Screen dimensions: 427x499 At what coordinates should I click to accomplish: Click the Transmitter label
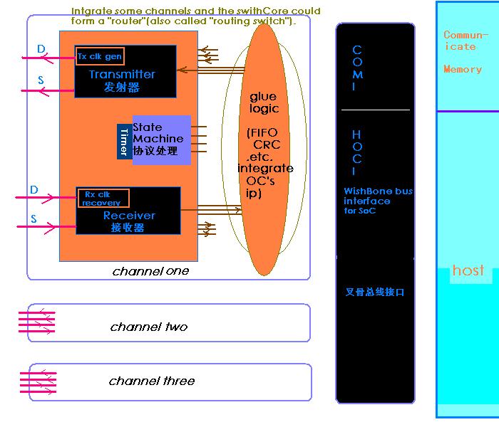click(122, 74)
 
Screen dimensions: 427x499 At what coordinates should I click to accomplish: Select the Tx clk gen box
click(100, 56)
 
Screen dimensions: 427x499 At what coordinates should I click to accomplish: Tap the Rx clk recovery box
click(103, 198)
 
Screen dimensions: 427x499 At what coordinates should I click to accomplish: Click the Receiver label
click(129, 216)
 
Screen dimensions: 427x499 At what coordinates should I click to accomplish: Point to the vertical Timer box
click(124, 142)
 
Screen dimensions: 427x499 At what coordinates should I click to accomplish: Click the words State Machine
click(158, 133)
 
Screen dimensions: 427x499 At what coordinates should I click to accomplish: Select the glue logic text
click(263, 102)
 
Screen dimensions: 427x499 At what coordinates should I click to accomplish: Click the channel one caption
click(151, 271)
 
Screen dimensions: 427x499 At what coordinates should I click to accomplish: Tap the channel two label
click(149, 327)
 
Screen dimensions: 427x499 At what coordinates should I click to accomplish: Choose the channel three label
click(152, 381)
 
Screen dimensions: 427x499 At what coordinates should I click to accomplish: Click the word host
click(468, 271)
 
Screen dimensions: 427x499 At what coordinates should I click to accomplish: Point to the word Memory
click(463, 70)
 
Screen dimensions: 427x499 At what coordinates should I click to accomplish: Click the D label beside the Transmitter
click(41, 49)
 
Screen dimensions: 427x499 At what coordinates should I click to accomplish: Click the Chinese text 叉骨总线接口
click(374, 292)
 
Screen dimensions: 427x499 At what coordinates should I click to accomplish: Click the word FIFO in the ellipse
click(264, 133)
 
